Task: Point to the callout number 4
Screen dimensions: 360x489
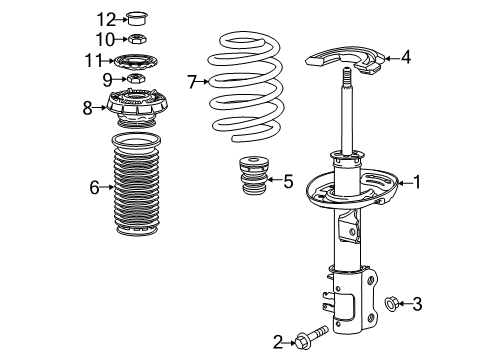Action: tap(406, 57)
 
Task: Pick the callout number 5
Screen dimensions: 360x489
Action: tap(287, 181)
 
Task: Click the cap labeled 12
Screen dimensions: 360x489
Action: tap(139, 17)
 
